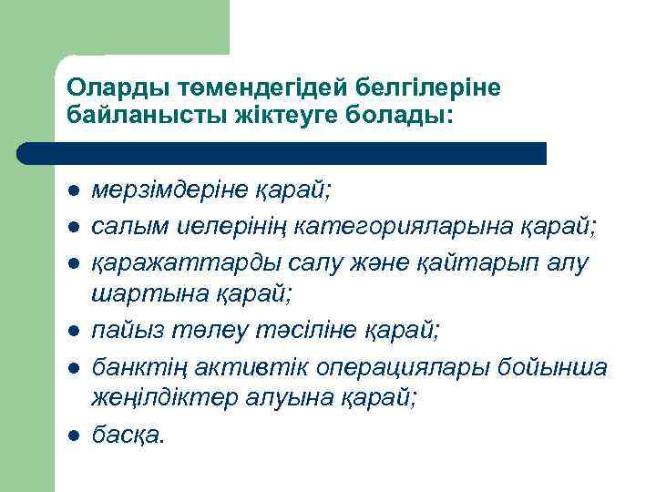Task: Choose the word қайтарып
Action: pos(482,263)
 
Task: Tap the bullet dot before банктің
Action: pos(71,367)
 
